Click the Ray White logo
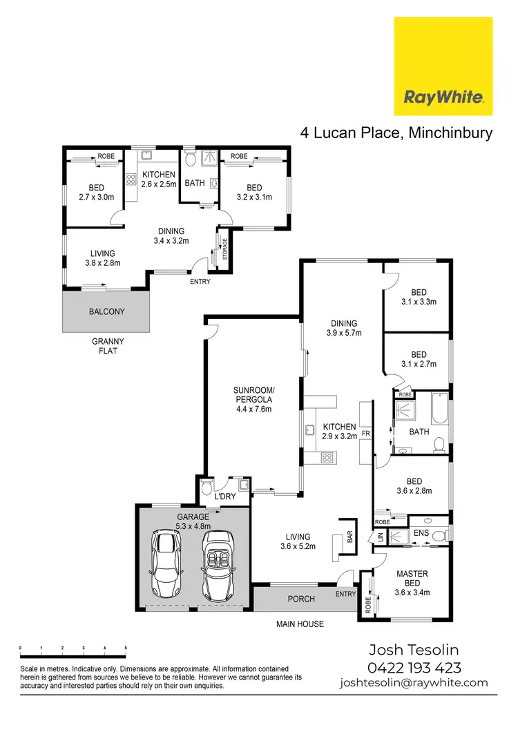[443, 66]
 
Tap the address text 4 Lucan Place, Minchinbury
[396, 133]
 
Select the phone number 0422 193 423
[414, 667]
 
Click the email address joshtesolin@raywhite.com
[414, 682]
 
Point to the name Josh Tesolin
[414, 650]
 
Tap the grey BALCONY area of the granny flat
[107, 311]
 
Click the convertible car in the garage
[219, 564]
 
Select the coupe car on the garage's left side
[165, 564]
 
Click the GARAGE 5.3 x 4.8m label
[193, 521]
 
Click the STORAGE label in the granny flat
[224, 250]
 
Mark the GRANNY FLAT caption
[107, 346]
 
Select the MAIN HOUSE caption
[300, 624]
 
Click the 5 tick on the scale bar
[126, 647]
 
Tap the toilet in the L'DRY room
[207, 493]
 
